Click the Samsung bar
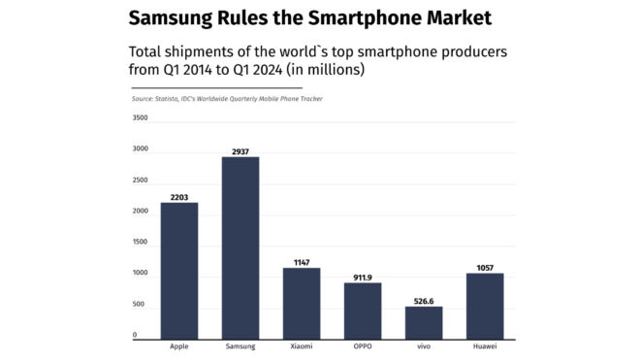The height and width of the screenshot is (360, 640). [240, 247]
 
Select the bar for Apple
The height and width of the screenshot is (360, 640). [178, 271]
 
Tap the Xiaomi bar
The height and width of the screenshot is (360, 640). [302, 303]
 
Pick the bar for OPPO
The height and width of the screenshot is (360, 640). [363, 311]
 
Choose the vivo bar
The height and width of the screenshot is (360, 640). [424, 322]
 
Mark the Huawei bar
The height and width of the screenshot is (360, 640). [485, 306]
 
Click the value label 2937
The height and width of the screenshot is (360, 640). [240, 151]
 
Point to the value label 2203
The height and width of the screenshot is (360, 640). [178, 197]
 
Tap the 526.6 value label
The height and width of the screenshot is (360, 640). [424, 301]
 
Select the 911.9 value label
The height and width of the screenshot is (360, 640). [363, 278]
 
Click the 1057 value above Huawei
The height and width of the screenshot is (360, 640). [485, 268]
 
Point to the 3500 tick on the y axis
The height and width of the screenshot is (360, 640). [140, 118]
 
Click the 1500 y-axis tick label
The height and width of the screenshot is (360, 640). [140, 243]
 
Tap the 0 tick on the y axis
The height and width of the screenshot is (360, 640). [135, 336]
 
